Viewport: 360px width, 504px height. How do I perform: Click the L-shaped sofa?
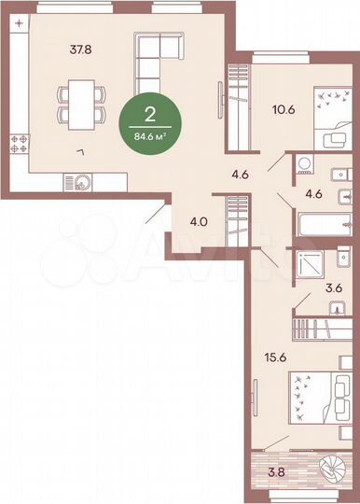(157, 61)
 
